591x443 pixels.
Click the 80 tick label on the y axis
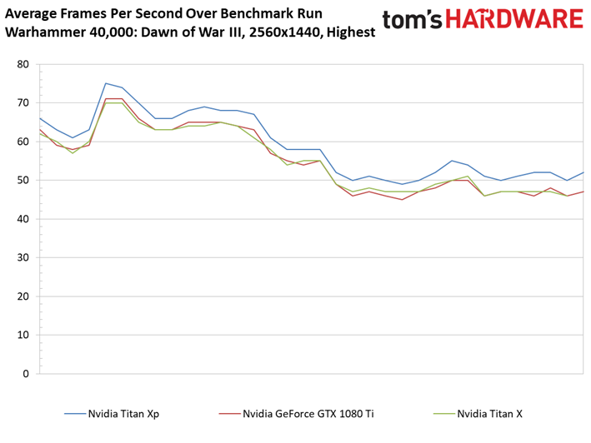coord(22,64)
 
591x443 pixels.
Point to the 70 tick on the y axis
coord(22,103)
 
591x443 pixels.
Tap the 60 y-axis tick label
coord(22,142)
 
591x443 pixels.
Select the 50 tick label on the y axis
coord(22,181)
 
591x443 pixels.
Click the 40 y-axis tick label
coord(22,219)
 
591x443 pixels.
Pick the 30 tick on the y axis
coord(22,258)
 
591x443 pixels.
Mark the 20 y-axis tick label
coord(22,296)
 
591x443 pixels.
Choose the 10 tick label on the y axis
coord(22,336)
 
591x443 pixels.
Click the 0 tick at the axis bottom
coord(25,374)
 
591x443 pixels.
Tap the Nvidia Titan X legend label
coord(490,413)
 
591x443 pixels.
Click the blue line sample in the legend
coord(76,413)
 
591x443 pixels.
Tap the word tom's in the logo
coord(413,22)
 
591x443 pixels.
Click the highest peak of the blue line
coord(106,83)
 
